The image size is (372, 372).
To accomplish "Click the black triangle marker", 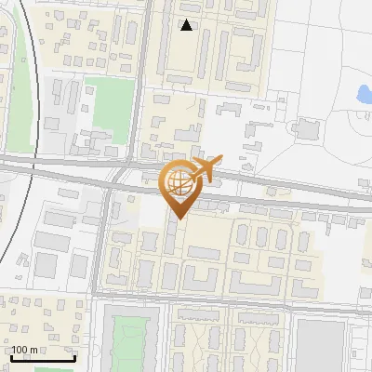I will pos(187,25).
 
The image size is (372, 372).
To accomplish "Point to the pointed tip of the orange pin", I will pos(178,219).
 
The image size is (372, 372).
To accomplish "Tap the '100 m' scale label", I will pos(25,351).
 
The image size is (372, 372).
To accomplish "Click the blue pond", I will pos(361,94).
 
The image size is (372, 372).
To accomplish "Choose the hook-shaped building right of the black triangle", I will pos(250,52).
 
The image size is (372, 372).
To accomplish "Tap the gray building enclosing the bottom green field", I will pos(107,340).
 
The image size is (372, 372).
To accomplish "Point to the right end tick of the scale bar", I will pos(74,357).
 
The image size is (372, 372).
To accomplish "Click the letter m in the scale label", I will pos(33,351).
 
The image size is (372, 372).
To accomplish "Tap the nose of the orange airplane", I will pos(219,163).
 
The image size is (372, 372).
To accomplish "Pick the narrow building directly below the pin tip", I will pos(174,238).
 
